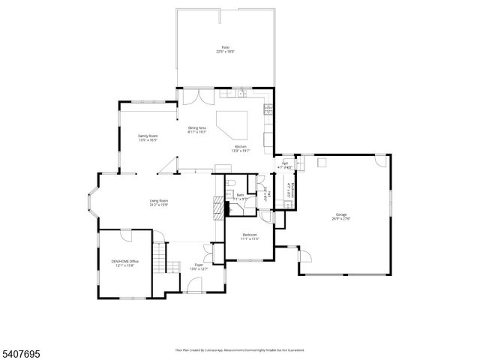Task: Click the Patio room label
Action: [225, 49]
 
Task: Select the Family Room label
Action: [147, 137]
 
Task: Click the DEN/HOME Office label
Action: [125, 262]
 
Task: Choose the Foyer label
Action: [199, 266]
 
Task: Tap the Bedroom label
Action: [250, 237]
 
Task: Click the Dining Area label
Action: [197, 129]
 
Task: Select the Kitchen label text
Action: [241, 148]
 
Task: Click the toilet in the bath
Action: [233, 184]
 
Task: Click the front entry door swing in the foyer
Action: [193, 284]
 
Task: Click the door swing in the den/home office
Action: [126, 235]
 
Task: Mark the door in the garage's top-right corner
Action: [381, 160]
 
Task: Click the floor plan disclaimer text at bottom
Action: [240, 349]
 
